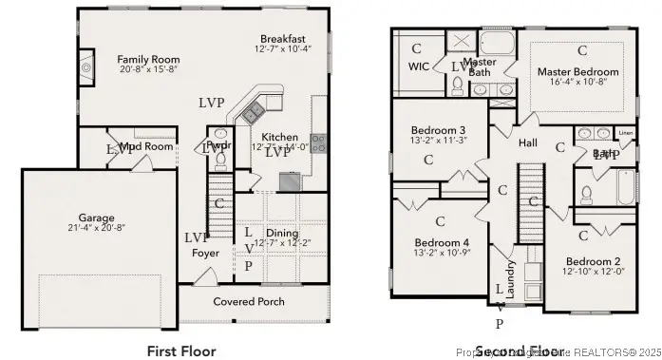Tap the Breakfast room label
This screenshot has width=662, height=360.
click(281, 38)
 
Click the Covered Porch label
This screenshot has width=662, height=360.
click(248, 301)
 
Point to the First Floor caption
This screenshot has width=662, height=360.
click(181, 351)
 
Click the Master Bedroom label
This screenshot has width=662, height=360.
click(577, 71)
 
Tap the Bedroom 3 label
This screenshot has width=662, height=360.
click(438, 130)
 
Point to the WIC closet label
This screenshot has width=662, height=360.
click(419, 67)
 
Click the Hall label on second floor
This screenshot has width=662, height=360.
click(528, 142)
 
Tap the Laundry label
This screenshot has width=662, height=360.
click(510, 281)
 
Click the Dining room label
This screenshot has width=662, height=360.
click(282, 234)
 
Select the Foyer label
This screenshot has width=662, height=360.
click(205, 254)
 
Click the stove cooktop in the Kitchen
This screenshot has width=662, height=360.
click(319, 143)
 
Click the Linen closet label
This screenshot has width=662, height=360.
click(625, 133)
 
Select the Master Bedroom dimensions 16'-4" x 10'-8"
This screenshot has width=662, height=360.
click(577, 83)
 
